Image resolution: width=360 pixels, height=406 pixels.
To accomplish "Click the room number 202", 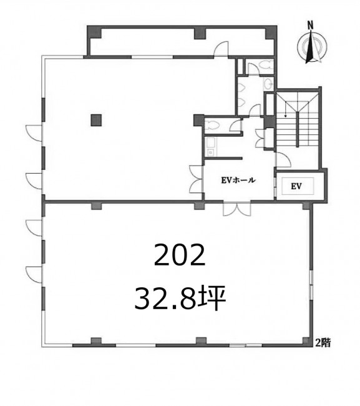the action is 180,255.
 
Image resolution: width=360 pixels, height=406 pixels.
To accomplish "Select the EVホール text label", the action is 238,180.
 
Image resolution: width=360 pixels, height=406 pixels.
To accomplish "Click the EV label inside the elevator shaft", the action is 296,186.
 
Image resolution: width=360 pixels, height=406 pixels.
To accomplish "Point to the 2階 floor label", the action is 323,342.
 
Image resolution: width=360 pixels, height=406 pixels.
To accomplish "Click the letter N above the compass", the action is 310,26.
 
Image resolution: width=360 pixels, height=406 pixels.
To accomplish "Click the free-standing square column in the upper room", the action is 96,120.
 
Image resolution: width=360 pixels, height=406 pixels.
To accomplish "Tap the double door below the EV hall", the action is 237,208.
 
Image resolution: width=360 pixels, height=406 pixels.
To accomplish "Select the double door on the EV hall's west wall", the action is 197,179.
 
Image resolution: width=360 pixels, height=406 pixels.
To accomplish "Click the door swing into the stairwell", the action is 283,161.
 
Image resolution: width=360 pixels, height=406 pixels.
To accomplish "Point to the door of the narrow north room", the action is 221,49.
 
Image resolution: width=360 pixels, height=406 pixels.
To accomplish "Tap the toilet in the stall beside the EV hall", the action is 212,126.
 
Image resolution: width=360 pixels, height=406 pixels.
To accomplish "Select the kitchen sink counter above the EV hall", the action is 210,147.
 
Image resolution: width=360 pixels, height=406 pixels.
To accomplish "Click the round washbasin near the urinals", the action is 268,82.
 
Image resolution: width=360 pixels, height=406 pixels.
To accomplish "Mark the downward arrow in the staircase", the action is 286,109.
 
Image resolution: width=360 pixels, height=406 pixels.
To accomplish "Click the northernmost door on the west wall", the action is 34,133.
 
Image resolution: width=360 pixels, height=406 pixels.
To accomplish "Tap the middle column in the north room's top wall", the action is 200,33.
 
